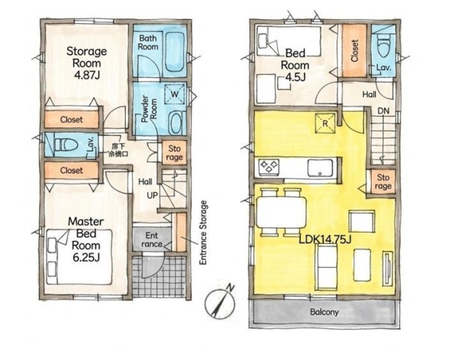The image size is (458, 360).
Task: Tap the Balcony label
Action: tap(324, 312)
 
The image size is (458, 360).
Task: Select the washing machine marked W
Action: tap(175, 94)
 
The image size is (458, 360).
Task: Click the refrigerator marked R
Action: tap(325, 123)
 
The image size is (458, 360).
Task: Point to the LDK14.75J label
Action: tap(325, 239)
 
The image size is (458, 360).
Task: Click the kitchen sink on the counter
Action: tap(320, 168)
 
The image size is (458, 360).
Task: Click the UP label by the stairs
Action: tap(152, 195)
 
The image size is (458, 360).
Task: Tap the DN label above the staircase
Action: tap(383, 111)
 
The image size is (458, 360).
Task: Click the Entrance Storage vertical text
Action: tap(203, 233)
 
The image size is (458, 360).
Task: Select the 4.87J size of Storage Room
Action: tap(87, 76)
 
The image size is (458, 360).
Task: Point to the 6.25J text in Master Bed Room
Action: tap(86, 257)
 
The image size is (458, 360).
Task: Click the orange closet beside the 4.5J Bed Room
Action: tap(354, 50)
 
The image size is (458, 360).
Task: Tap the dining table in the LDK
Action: tap(281, 212)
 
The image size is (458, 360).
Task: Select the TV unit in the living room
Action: tap(388, 268)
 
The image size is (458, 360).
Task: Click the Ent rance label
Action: tap(152, 239)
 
